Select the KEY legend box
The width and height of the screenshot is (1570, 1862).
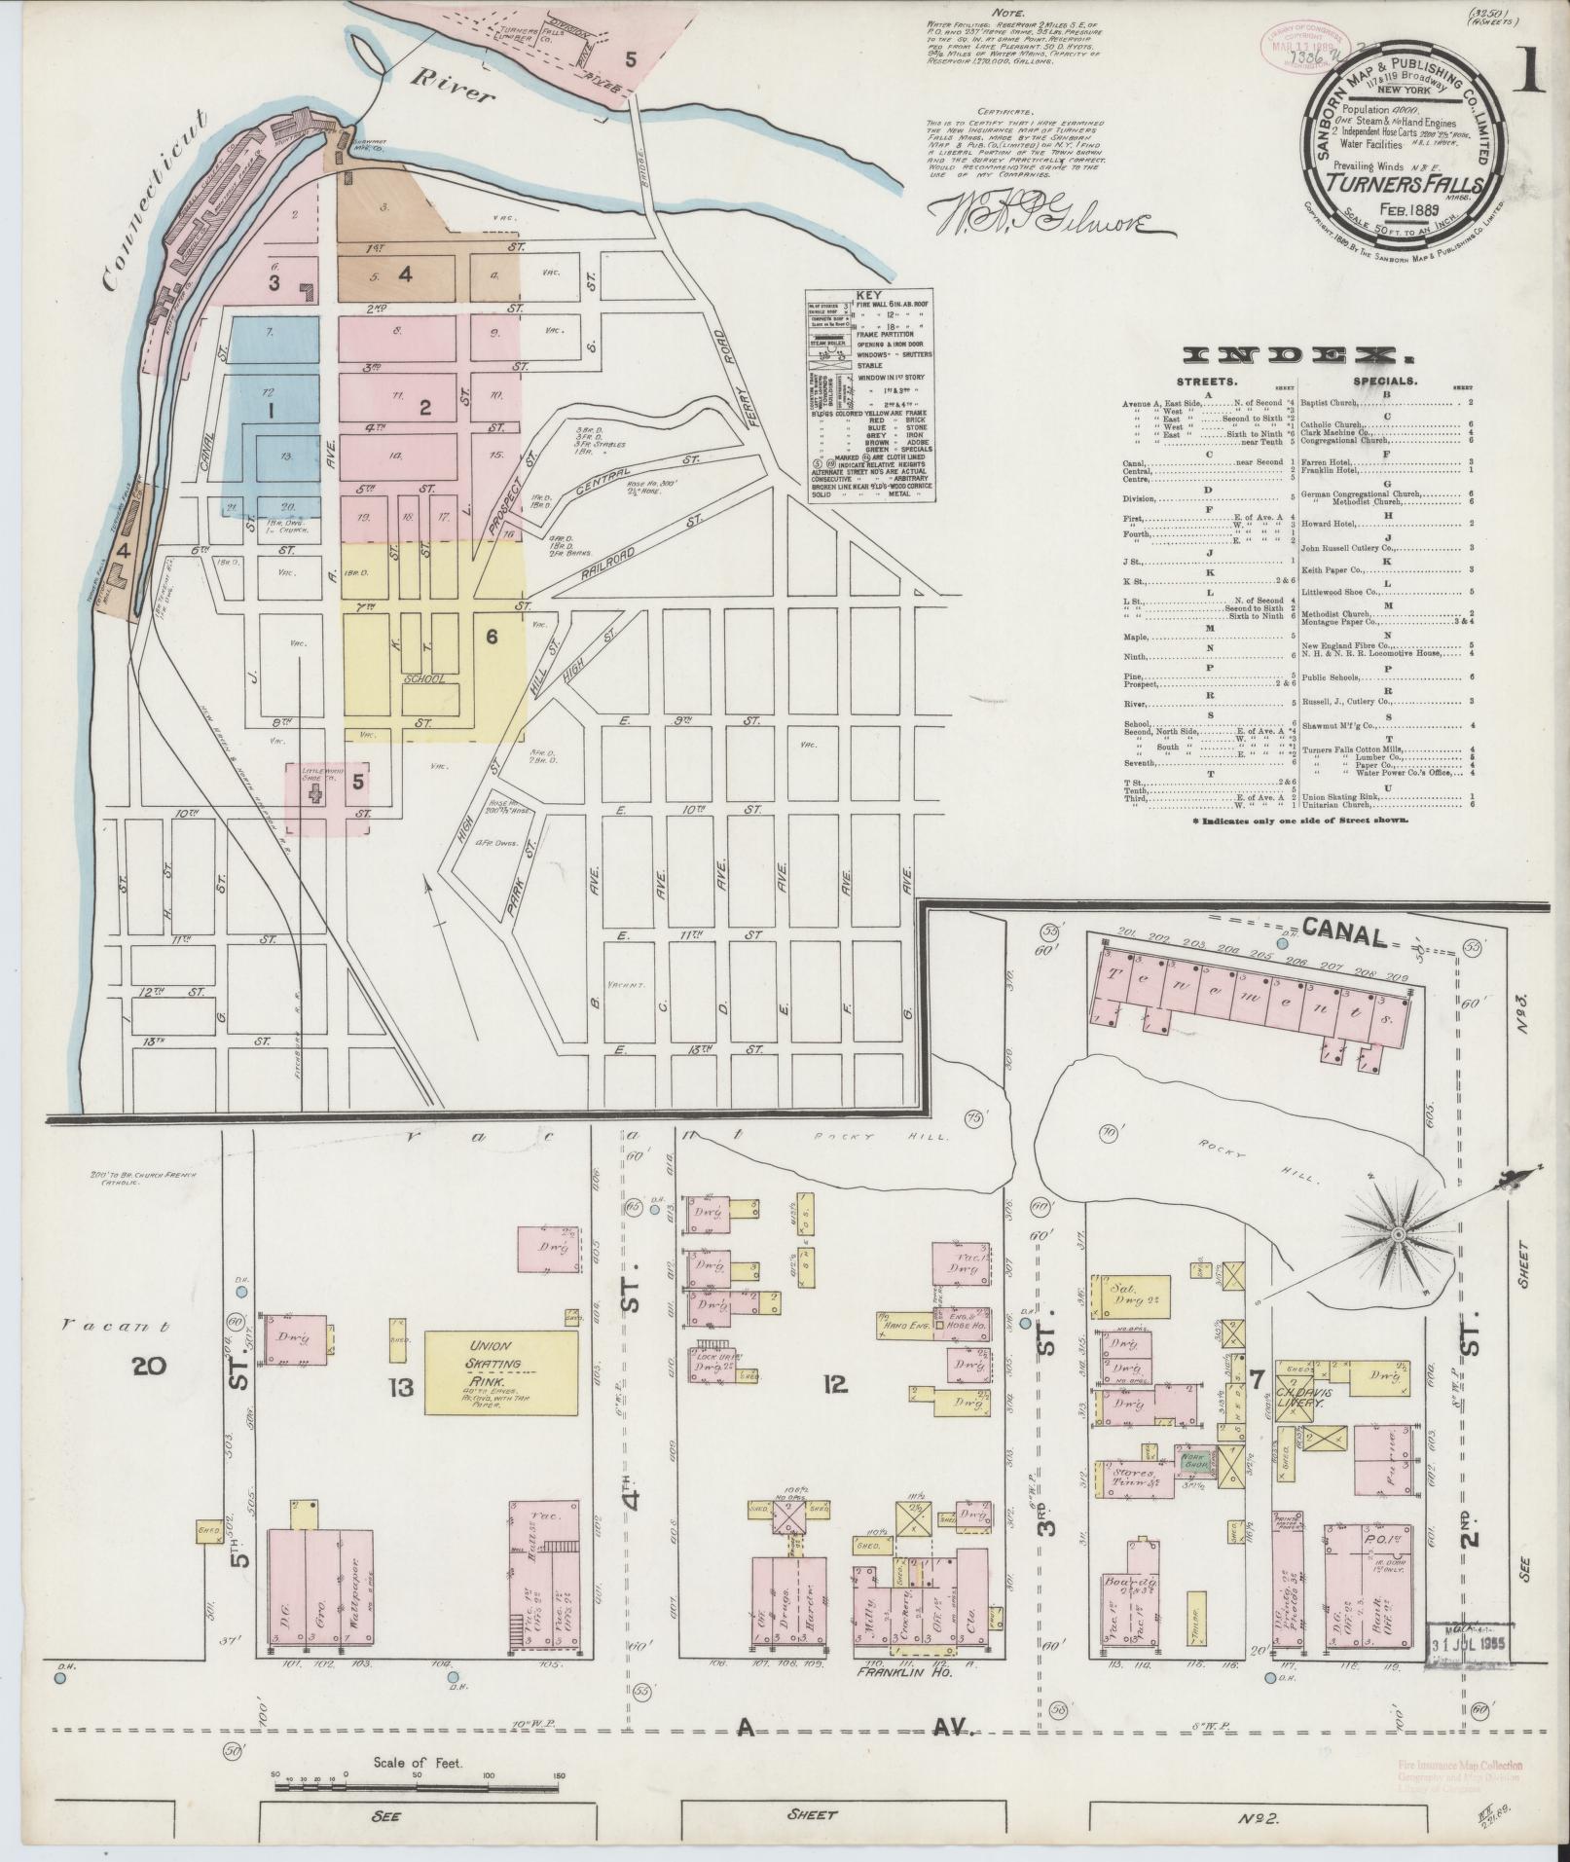pos(868,395)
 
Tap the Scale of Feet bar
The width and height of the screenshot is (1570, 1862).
pos(418,1786)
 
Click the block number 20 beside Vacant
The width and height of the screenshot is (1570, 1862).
pos(151,1367)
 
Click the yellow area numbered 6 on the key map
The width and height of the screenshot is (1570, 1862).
pos(492,637)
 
